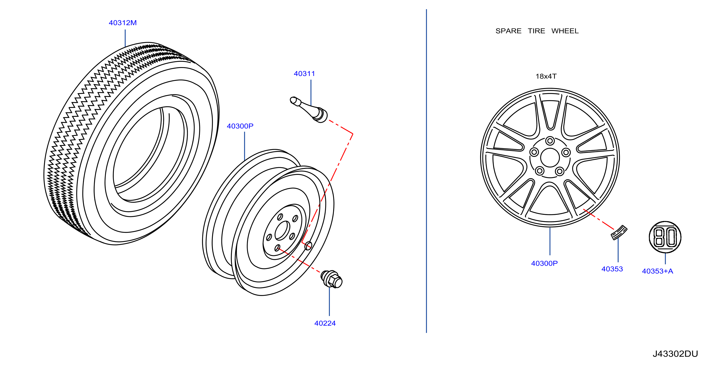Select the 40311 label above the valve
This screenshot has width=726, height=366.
pyautogui.click(x=304, y=74)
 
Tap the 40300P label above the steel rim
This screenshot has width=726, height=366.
pyautogui.click(x=240, y=126)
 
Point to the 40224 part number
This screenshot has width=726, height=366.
pyautogui.click(x=325, y=323)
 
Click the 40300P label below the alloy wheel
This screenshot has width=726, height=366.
pyautogui.click(x=544, y=263)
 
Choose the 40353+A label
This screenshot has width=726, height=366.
pyautogui.click(x=658, y=271)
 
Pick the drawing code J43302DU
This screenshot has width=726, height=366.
pyautogui.click(x=675, y=354)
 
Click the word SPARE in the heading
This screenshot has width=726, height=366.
pyautogui.click(x=508, y=31)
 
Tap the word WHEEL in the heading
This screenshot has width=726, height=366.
pyautogui.click(x=565, y=31)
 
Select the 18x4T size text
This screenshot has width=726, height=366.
pyautogui.click(x=546, y=76)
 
